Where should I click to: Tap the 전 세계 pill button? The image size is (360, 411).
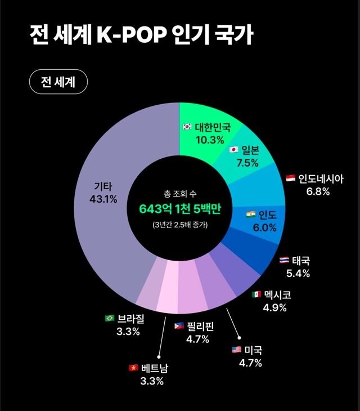[58, 82]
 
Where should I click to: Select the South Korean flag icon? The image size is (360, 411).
[187, 127]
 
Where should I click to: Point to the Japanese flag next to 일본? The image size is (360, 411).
[234, 150]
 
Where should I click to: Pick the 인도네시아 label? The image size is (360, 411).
[321, 178]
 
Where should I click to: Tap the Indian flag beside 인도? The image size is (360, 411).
[251, 215]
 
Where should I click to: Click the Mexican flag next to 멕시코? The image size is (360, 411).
[256, 294]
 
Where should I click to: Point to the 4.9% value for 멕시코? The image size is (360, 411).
[274, 307]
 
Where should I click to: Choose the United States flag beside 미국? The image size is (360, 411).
[236, 350]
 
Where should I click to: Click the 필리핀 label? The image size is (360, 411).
[198, 325]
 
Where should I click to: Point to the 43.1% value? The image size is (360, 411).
[103, 199]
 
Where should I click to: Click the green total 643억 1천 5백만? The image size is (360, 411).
[180, 209]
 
